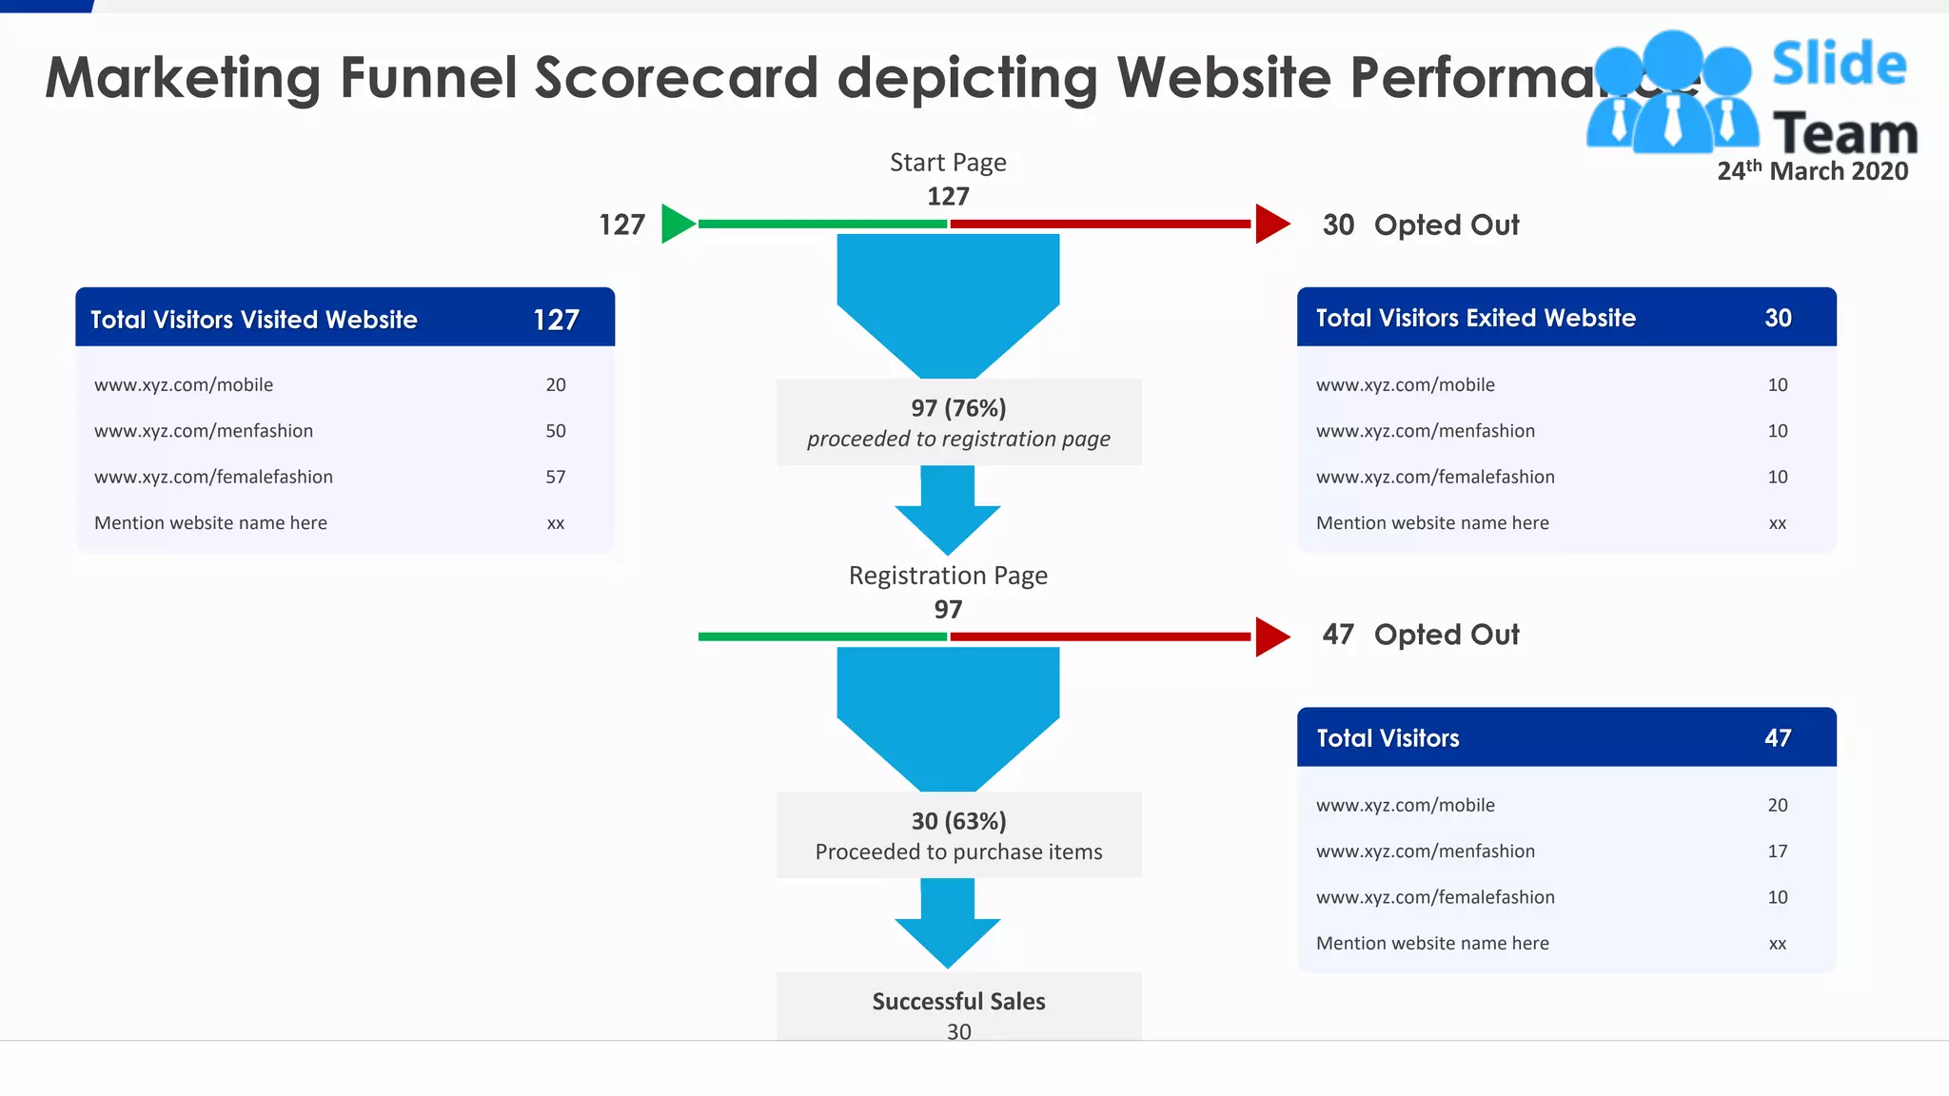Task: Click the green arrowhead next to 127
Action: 677,224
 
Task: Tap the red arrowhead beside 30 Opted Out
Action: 1270,224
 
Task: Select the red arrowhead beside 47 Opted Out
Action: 1270,636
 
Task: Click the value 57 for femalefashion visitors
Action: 556,477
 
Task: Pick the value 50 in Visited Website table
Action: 556,431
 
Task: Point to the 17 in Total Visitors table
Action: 1778,851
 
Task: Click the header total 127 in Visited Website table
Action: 556,320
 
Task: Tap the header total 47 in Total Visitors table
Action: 1778,738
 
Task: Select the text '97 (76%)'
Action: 958,408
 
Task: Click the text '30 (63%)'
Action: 958,821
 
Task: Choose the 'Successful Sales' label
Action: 958,1001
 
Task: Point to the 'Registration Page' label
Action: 948,576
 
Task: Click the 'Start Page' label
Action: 948,163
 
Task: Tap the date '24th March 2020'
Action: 1812,171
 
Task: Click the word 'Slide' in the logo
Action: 1839,65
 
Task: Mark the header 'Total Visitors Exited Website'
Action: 1475,318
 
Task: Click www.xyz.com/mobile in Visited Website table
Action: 184,385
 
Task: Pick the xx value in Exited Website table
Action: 1778,523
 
